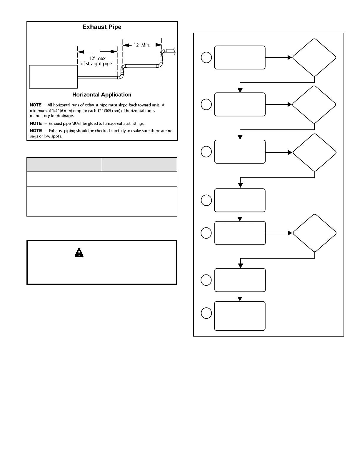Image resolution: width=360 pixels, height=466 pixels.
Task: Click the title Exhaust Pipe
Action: tap(102, 27)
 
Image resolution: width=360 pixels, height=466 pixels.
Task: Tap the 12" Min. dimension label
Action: tap(142, 45)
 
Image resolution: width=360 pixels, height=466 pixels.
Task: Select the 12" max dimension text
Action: tap(97, 58)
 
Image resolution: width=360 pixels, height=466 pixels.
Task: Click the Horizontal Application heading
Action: tap(102, 95)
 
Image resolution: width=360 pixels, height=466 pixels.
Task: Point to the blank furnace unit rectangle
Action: tap(53, 77)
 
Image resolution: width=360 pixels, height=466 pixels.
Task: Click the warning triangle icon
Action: tap(79, 252)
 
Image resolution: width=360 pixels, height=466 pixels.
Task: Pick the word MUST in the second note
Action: tap(77, 124)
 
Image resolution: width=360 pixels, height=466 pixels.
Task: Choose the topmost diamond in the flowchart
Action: tap(314, 58)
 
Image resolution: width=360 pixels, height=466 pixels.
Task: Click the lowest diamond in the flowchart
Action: tap(315, 233)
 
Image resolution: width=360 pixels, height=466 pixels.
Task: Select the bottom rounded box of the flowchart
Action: tap(240, 316)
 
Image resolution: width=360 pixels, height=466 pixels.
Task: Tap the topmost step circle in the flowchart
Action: tap(206, 57)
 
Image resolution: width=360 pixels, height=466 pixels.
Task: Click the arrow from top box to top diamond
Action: tap(278, 58)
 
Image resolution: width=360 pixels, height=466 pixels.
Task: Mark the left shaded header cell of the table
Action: tap(64, 164)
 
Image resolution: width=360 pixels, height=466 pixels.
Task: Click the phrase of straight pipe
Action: tap(96, 64)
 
